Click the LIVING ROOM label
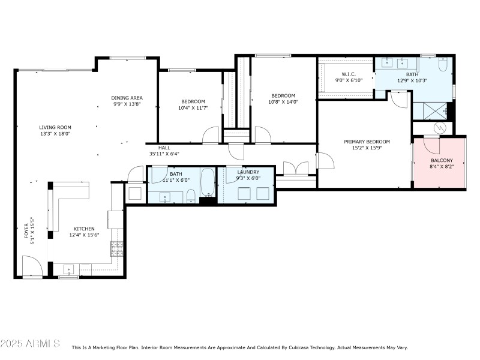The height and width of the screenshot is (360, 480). [x=55, y=127]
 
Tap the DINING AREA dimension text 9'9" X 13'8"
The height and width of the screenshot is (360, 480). [x=127, y=104]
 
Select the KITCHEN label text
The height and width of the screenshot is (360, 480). [x=84, y=229]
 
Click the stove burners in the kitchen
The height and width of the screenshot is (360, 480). [x=116, y=247]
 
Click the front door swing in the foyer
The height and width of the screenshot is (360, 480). [x=31, y=266]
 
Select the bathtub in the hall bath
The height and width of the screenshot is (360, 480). [x=207, y=182]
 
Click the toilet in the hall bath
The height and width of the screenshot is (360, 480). [x=190, y=195]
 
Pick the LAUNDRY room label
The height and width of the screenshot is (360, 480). [x=248, y=172]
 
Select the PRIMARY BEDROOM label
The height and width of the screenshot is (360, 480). [x=367, y=142]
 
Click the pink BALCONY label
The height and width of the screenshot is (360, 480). [x=442, y=161]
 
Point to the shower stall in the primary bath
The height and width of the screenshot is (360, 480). [x=429, y=110]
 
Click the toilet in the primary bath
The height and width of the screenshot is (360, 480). [x=443, y=65]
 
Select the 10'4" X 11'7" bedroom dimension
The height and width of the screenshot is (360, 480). [x=193, y=108]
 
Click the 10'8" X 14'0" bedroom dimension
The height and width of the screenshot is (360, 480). [x=283, y=102]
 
